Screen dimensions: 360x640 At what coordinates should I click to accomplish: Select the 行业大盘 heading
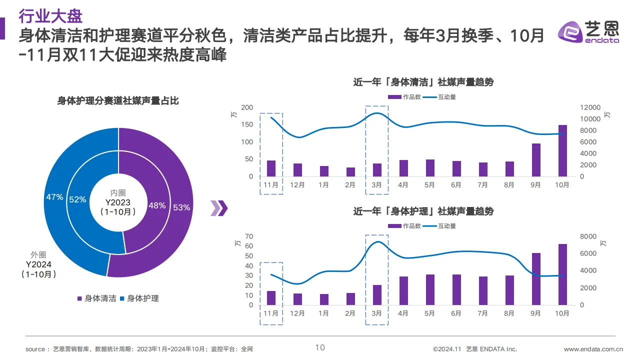click(50, 16)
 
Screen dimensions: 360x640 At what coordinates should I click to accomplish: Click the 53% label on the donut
click(181, 207)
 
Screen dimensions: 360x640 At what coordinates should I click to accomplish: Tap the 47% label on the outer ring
click(54, 197)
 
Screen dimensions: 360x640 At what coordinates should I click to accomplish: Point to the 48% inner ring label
click(157, 205)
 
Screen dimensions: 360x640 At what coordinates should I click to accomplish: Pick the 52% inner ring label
click(78, 199)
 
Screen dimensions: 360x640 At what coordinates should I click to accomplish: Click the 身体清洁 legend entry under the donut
click(97, 298)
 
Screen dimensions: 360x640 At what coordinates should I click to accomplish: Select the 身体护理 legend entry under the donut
click(139, 298)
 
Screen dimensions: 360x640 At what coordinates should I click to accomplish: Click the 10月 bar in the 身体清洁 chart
click(562, 150)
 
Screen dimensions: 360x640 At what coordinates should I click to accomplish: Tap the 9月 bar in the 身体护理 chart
click(536, 279)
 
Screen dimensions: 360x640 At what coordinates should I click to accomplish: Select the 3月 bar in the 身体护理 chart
click(377, 295)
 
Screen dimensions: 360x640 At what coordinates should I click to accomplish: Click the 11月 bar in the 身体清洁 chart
click(271, 168)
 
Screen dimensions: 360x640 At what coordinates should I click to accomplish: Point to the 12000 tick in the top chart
click(590, 107)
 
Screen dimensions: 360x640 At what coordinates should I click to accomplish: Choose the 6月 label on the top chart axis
click(456, 185)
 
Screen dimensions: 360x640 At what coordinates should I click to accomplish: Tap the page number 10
click(320, 347)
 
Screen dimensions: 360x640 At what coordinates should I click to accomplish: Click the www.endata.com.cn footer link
click(593, 349)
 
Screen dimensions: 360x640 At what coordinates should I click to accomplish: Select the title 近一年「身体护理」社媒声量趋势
click(423, 211)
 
